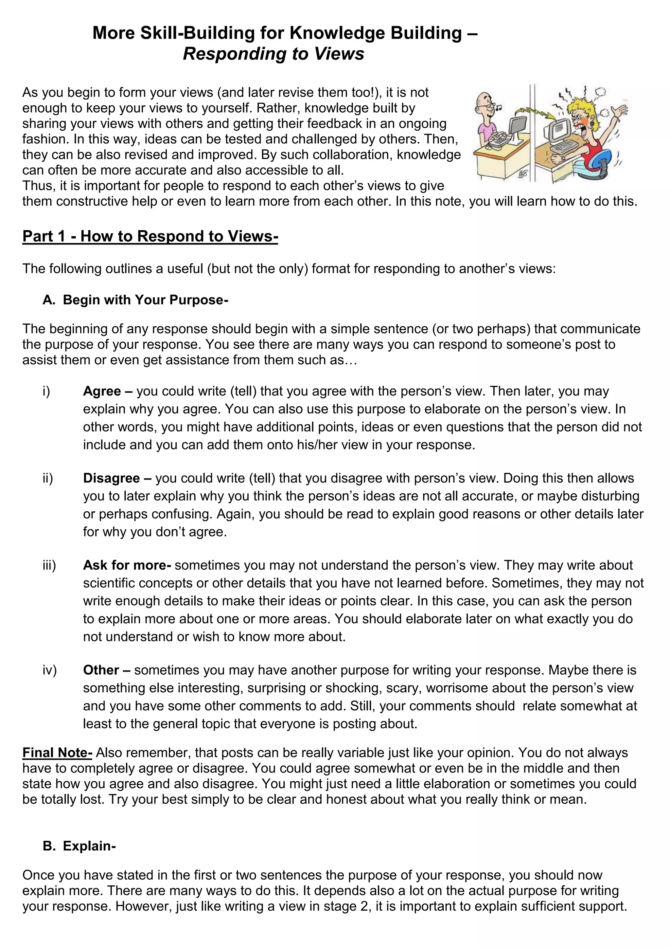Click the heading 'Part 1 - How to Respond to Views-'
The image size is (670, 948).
(150, 236)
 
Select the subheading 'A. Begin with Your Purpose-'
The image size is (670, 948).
(135, 300)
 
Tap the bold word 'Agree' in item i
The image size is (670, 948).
(101, 391)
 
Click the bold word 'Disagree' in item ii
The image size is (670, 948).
(111, 478)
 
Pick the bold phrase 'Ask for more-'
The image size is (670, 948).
(127, 565)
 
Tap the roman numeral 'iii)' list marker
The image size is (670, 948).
(49, 565)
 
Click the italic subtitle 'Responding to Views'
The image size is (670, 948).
(273, 54)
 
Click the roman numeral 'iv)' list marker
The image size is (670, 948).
(49, 670)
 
